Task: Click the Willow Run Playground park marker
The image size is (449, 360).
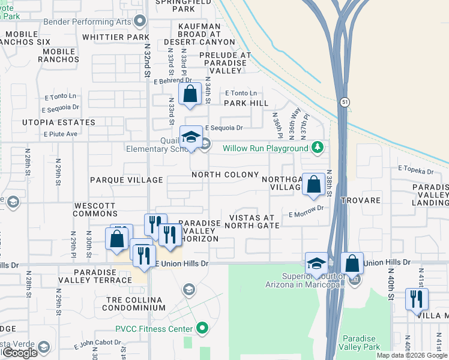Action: point(318,148)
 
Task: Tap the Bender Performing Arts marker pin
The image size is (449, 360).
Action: point(140,22)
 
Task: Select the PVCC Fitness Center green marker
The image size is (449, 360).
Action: point(202,328)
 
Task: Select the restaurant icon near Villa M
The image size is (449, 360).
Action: point(416,299)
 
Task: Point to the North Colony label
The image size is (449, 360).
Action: point(225,175)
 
